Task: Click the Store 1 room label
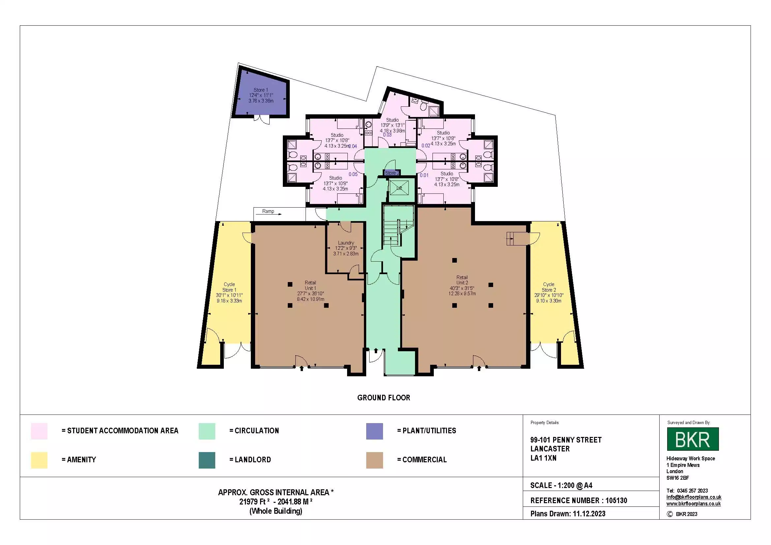coord(261,95)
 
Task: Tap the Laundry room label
coord(346,248)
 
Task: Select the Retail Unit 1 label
coord(310,291)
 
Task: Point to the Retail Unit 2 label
coord(462,285)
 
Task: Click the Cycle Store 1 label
coord(229,292)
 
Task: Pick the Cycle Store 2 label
coord(549,292)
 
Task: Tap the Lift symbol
coord(399,188)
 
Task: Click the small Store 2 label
coord(392,173)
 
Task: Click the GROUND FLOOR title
coord(383,398)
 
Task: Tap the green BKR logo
coord(693,439)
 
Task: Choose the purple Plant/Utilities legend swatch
coord(374,431)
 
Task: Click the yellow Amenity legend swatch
coord(39,460)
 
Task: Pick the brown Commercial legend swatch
coord(374,460)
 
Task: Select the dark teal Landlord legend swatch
coord(207,460)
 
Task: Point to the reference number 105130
coord(616,501)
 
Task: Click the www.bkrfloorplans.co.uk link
coord(694,503)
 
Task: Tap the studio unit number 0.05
coord(353,174)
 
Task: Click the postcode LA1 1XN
coord(543,458)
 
